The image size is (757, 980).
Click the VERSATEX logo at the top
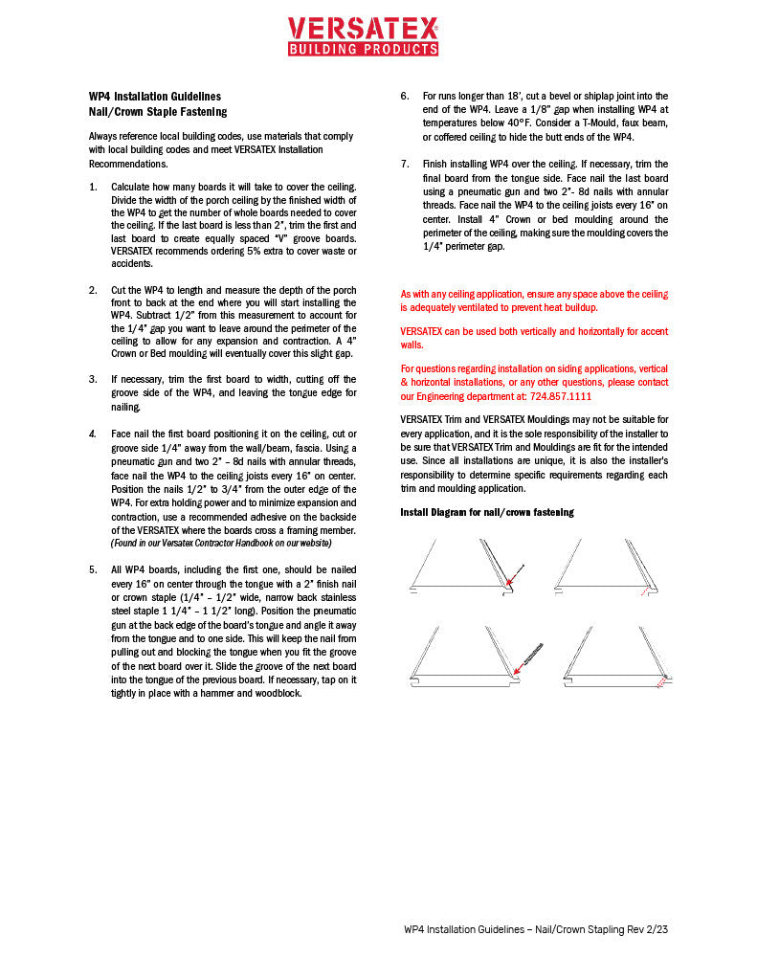(363, 35)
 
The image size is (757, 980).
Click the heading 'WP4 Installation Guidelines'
(154, 97)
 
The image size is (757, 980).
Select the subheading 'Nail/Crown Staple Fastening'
(157, 112)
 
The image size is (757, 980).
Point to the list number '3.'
(93, 379)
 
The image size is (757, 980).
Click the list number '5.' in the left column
(93, 569)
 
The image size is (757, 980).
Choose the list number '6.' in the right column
(405, 97)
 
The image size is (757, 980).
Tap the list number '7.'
(405, 165)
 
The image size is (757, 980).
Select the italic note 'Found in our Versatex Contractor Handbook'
(221, 543)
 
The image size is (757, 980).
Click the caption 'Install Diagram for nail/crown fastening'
(486, 513)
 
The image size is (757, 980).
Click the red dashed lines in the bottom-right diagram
(659, 685)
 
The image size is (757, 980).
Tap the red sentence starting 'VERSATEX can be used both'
(534, 337)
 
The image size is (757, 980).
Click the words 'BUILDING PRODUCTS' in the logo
(363, 48)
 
